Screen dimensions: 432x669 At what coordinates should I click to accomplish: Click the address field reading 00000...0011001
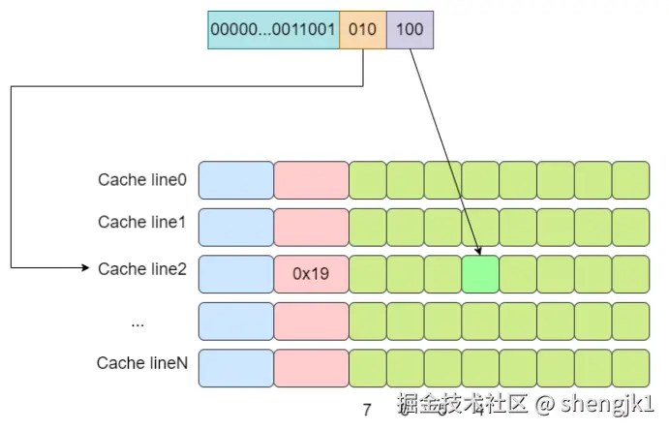(273, 29)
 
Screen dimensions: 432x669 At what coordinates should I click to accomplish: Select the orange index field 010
(362, 29)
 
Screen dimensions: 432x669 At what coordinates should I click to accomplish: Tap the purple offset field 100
(410, 29)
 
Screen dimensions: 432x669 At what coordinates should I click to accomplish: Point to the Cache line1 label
(141, 223)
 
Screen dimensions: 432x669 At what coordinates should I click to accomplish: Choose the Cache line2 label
(141, 269)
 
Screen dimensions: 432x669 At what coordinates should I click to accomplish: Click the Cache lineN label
(141, 363)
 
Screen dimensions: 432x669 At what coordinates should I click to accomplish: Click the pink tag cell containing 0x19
(311, 274)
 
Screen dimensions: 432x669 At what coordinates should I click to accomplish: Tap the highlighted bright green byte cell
(480, 274)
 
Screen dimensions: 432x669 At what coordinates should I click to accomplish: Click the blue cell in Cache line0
(236, 180)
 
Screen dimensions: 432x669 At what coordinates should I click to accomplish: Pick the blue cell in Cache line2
(236, 274)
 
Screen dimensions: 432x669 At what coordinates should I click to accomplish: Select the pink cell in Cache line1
(311, 228)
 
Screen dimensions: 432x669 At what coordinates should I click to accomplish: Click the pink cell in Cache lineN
(311, 368)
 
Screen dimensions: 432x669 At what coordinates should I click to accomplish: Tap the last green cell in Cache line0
(630, 180)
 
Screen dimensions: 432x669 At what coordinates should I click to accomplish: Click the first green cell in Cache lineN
(367, 368)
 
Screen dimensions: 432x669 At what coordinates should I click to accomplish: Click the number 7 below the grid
(367, 410)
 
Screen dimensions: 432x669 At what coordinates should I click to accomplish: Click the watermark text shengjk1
(609, 404)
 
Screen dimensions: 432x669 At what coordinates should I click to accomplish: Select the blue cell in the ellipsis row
(236, 322)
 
